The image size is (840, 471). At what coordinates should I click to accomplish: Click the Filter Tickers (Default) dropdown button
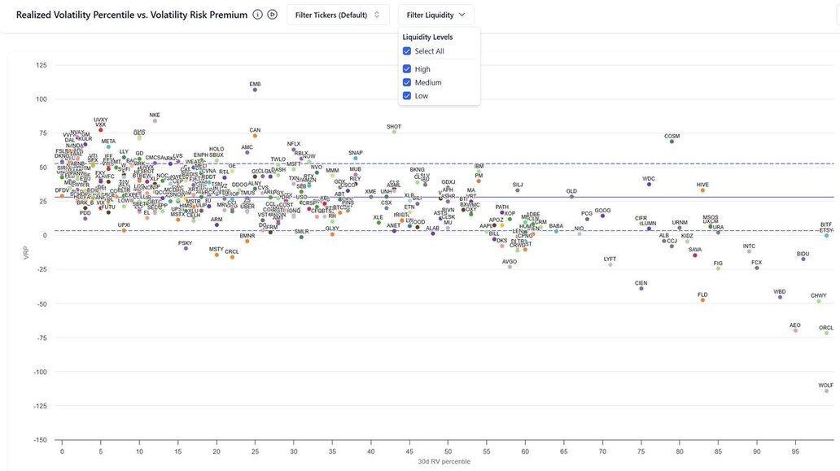coord(337,15)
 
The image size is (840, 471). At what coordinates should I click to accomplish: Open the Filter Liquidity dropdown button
coord(435,15)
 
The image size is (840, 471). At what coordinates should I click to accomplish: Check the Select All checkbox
coord(407,51)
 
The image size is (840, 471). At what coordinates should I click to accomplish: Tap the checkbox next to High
coord(407,69)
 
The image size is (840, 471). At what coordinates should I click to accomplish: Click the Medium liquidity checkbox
coord(407,82)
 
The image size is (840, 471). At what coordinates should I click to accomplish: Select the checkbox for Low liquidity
coord(407,96)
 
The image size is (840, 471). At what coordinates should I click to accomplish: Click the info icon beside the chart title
coord(257,15)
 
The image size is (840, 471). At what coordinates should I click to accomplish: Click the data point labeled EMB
coord(255,89)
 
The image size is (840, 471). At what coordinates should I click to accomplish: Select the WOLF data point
coord(826,391)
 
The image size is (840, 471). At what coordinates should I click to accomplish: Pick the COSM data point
coord(672,142)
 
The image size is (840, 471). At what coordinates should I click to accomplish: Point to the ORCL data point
coord(826,334)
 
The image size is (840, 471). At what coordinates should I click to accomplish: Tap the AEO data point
coord(795,330)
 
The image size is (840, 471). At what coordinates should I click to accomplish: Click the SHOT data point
coord(394,132)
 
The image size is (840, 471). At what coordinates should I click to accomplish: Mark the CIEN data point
coord(641,289)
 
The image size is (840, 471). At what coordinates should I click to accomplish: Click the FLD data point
coord(702,300)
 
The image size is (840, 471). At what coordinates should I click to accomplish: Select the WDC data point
coord(649,185)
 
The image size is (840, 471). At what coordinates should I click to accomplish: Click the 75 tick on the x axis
coord(641,451)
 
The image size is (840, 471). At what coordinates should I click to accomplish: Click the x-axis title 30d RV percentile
coord(444,462)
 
